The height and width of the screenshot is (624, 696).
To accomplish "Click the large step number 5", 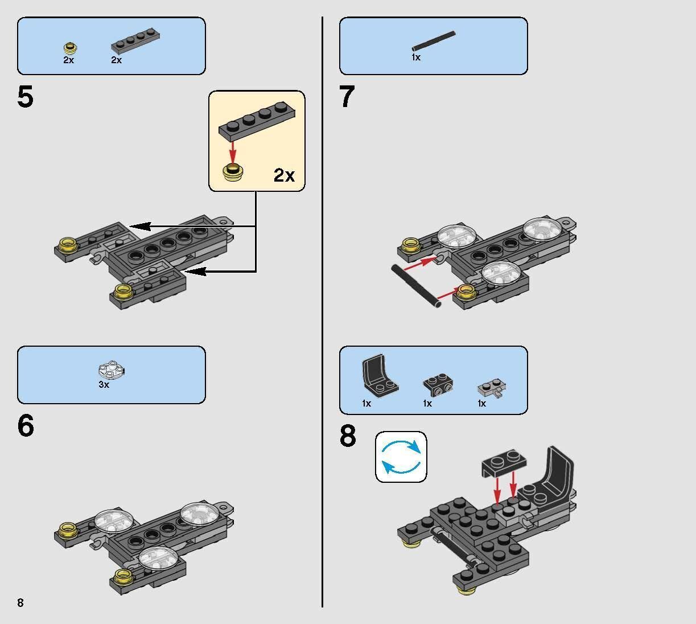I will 26,97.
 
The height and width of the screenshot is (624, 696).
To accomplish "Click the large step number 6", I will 26,426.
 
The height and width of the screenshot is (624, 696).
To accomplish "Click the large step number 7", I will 347,97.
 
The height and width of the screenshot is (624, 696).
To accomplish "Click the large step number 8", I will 348,437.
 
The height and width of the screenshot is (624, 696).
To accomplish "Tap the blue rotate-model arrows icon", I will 401,457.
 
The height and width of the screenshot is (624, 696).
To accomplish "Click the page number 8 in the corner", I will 20,603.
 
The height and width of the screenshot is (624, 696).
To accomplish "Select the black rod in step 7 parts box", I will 433,42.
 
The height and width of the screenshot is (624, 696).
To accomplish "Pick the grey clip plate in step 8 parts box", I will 491,388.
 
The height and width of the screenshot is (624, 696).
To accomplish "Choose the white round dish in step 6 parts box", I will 111,370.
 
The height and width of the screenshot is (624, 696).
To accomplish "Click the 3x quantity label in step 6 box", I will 104,385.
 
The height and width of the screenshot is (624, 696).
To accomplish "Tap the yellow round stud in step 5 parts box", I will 70,48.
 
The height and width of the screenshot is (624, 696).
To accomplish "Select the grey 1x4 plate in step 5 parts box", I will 135,41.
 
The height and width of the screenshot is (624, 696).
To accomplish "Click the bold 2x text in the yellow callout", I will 284,175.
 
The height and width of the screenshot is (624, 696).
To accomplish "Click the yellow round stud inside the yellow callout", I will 232,171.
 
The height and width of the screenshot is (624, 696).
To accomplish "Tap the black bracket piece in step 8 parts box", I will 438,384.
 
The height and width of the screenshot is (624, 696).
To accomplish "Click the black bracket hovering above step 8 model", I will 502,465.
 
